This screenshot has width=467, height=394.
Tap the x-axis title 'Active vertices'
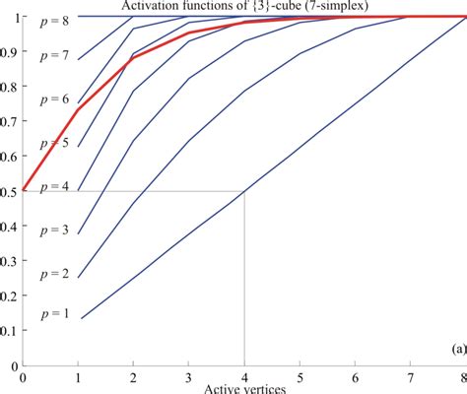243,388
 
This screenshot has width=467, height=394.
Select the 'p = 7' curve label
55,57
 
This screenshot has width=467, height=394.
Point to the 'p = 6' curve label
55,99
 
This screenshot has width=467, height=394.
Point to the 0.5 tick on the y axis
9,191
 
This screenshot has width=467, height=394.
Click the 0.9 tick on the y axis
9,52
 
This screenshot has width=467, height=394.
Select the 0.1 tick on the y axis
9,330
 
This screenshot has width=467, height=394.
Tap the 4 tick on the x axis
243,376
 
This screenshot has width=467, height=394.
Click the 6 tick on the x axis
354,376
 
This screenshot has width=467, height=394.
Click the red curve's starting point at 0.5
23,190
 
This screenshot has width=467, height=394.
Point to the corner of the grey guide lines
243,191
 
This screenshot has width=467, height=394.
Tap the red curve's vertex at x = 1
78,108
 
